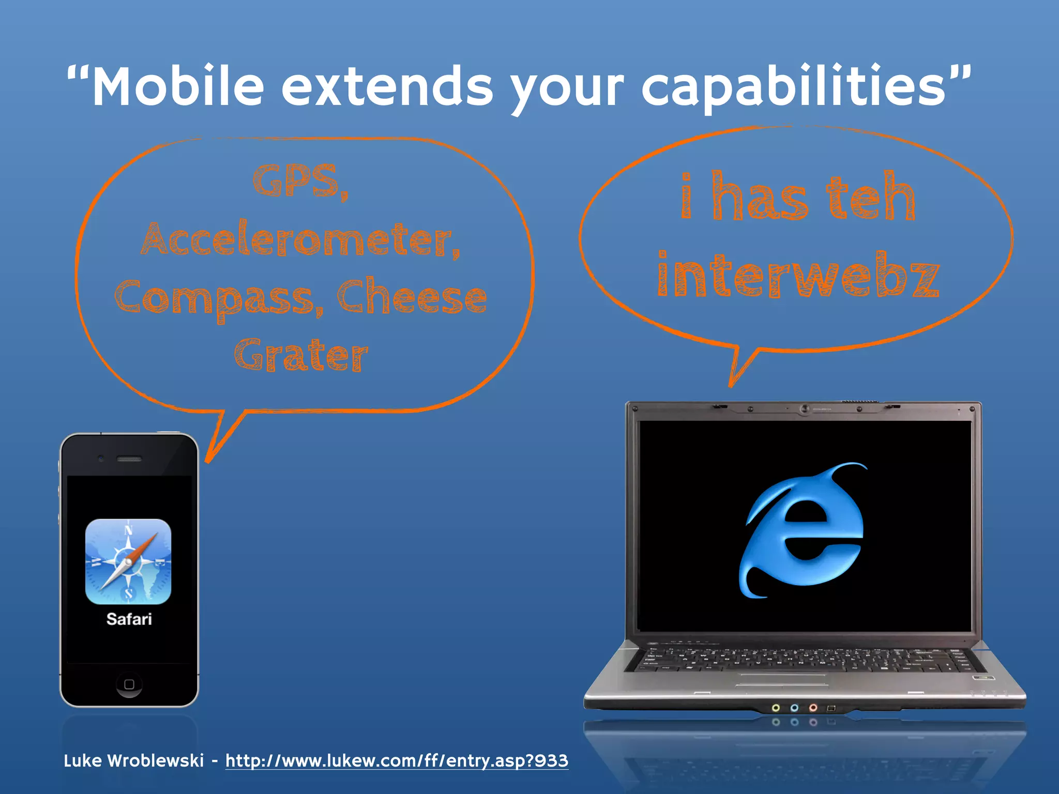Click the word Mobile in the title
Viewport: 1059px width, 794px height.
[x=178, y=87]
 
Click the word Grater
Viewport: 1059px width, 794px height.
[x=301, y=356]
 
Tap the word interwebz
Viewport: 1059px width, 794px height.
[x=798, y=275]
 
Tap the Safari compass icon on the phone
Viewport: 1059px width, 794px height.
[x=128, y=561]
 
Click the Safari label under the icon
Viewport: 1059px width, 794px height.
[x=129, y=619]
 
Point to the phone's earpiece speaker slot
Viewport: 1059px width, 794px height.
[x=129, y=459]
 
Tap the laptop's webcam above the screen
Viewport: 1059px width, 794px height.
[x=804, y=409]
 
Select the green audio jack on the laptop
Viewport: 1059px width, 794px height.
[x=776, y=708]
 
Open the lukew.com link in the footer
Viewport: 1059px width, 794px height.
[x=397, y=761]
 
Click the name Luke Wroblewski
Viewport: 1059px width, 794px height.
[x=133, y=761]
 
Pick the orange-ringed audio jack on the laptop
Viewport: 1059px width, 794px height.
[x=813, y=708]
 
